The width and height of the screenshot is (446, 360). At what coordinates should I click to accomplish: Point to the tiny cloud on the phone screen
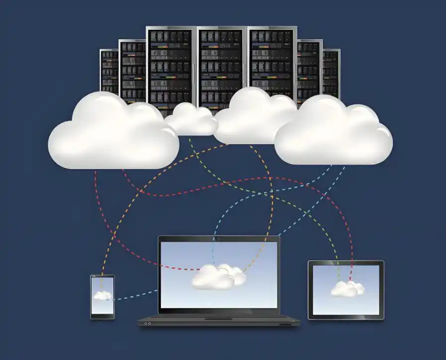click(102, 295)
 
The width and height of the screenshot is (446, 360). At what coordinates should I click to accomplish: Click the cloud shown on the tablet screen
click(347, 288)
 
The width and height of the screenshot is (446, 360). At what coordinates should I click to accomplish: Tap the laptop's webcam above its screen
click(219, 239)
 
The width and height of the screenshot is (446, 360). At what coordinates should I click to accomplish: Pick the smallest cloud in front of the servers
click(191, 120)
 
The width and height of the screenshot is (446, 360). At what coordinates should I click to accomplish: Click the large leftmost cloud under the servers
click(113, 132)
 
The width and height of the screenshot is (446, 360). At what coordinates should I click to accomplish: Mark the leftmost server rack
click(109, 70)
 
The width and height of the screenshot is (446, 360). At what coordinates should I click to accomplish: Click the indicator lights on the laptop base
click(147, 323)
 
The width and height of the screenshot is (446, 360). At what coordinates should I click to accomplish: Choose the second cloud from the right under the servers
click(255, 117)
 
